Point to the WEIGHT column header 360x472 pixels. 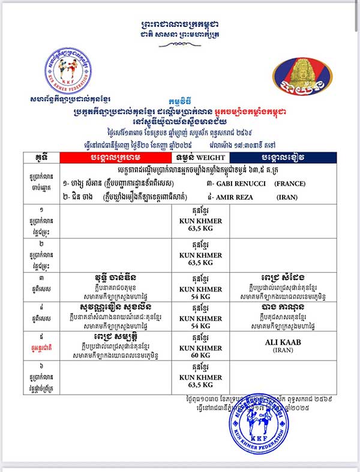pos(201,158)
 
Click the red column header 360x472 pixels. pos(116,158)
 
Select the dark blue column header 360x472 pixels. pos(278,158)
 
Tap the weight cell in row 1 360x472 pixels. pos(201,221)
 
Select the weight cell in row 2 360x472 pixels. pos(201,255)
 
